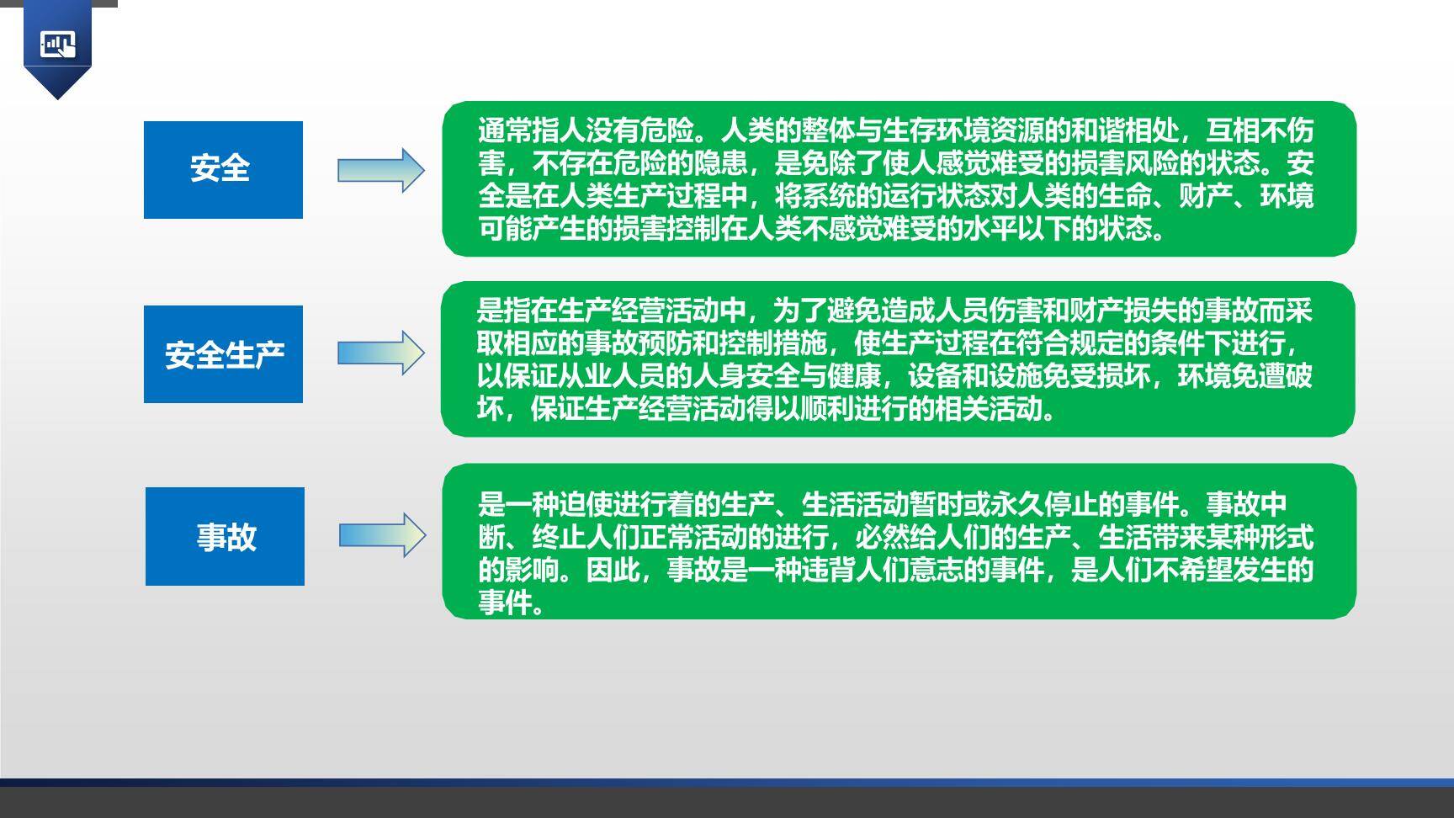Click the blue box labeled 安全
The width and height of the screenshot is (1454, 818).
click(223, 169)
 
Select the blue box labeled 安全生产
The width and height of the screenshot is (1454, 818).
click(223, 353)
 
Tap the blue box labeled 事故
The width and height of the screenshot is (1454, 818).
click(225, 536)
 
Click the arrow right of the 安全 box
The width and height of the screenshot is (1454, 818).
click(380, 170)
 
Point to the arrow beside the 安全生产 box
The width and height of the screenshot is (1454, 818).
click(380, 353)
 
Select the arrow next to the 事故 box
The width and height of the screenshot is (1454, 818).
click(382, 535)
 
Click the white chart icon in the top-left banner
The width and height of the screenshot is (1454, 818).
click(57, 45)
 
